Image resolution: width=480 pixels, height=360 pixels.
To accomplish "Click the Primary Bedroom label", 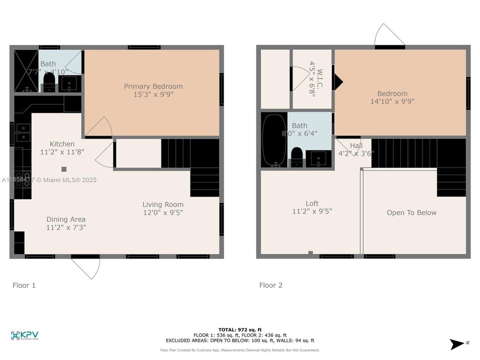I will tap(153, 86).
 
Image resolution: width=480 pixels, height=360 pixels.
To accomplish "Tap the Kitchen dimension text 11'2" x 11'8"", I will tap(62, 152).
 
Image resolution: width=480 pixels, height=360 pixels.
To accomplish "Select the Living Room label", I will tap(163, 204).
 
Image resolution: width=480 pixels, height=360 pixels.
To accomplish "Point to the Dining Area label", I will tap(66, 219).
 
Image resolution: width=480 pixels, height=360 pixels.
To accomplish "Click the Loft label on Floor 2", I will tap(312, 203).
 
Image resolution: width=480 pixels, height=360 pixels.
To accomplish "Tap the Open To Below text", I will tap(411, 212).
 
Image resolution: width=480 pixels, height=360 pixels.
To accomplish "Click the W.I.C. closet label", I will tap(319, 78).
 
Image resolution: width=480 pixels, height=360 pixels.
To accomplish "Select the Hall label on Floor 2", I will tap(356, 145).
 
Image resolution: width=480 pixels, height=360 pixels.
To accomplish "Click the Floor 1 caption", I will tap(24, 285).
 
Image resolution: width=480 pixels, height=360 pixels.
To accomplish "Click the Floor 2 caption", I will tap(270, 285).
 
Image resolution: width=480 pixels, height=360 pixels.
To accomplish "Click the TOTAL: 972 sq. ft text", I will tap(239, 330).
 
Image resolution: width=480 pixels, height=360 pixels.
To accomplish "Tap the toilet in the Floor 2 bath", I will tap(296, 156).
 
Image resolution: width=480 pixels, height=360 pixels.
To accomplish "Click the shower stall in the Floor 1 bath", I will tap(25, 70).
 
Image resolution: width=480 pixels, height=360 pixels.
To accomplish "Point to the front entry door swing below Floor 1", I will tap(86, 268).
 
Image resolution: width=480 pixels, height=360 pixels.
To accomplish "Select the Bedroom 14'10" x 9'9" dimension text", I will tap(392, 101).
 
